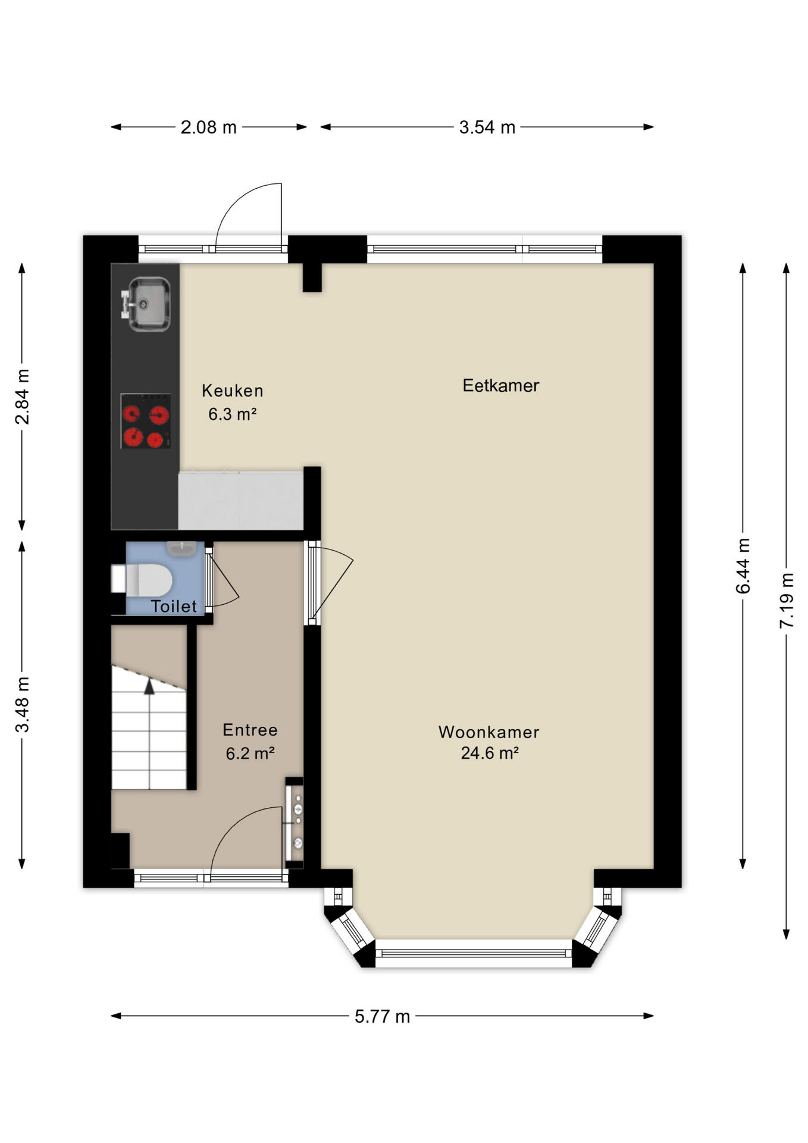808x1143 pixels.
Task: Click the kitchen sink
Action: click(146, 304)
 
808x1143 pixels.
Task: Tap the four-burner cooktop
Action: click(146, 421)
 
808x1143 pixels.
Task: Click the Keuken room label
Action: click(233, 391)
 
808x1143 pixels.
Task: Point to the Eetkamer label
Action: click(501, 385)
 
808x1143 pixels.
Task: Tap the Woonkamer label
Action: click(489, 732)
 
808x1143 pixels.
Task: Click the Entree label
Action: click(250, 730)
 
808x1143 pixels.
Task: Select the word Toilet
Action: click(174, 606)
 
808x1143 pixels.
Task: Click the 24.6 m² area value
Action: click(490, 753)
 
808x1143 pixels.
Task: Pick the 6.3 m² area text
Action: click(233, 414)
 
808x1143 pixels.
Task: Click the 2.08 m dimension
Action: click(209, 127)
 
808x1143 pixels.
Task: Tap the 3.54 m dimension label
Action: click(487, 127)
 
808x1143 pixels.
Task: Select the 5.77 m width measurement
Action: click(383, 1016)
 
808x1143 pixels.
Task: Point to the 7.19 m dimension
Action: click(787, 600)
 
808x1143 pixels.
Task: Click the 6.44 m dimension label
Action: click(743, 566)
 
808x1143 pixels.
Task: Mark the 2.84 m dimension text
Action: click(22, 396)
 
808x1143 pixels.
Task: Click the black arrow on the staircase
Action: click(149, 686)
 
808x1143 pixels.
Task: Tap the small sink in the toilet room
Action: click(182, 548)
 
